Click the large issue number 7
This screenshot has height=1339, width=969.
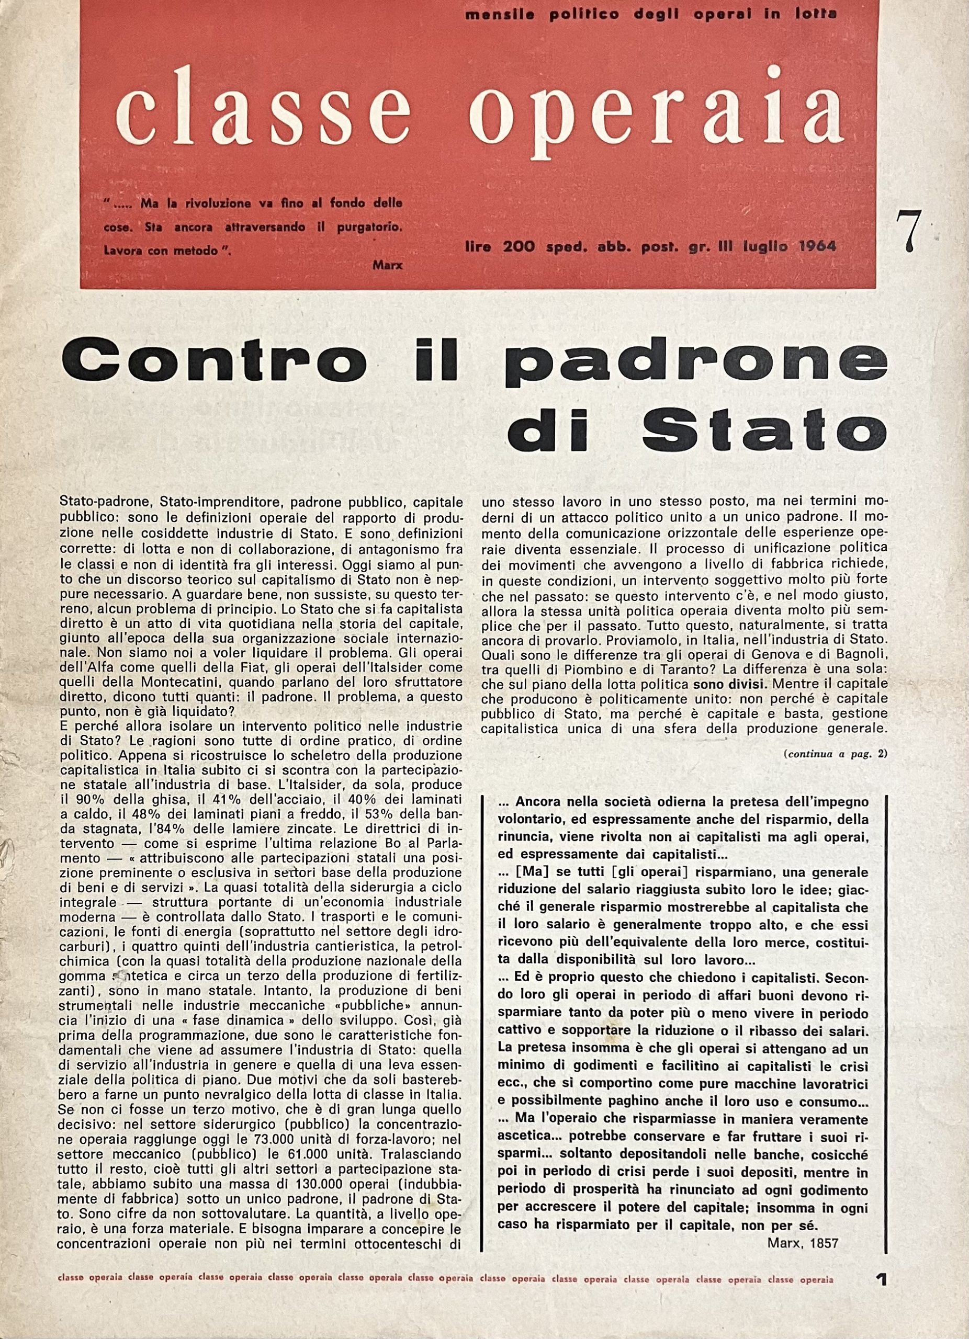tap(909, 231)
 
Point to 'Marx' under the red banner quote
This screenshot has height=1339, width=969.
tap(387, 265)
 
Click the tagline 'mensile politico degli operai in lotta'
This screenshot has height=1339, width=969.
tap(651, 15)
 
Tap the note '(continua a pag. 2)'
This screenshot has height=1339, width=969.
tap(835, 754)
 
